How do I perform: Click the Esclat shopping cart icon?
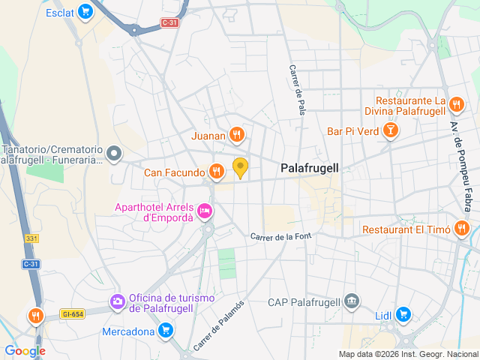pyautogui.click(x=85, y=12)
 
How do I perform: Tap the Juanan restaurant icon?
pyautogui.click(x=236, y=135)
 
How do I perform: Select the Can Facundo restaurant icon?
pyautogui.click(x=216, y=172)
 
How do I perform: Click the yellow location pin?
pyautogui.click(x=240, y=167)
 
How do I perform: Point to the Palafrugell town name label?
pyautogui.click(x=309, y=169)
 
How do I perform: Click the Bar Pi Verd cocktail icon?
pyautogui.click(x=390, y=131)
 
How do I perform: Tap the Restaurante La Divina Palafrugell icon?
pyautogui.click(x=457, y=105)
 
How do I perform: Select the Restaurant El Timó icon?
pyautogui.click(x=462, y=229)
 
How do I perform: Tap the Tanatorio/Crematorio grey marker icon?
pyautogui.click(x=114, y=154)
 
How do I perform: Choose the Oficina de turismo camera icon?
pyautogui.click(x=117, y=302)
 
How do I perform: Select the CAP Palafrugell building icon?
pyautogui.click(x=351, y=302)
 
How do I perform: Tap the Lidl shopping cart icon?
pyautogui.click(x=403, y=314)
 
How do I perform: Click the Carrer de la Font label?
pyautogui.click(x=280, y=237)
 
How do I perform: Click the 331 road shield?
pyautogui.click(x=31, y=238)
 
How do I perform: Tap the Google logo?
pyautogui.click(x=25, y=350)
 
